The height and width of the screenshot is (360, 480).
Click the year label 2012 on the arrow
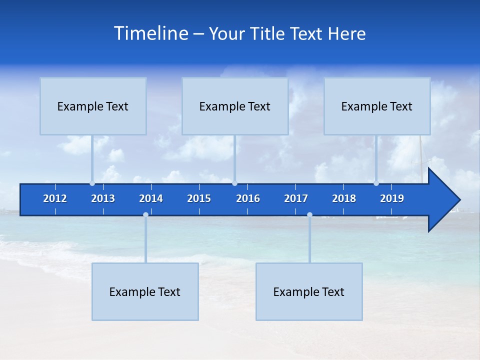tap(55, 198)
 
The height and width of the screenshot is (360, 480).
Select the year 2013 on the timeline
tap(103, 198)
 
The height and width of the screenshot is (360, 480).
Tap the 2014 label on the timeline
tap(151, 198)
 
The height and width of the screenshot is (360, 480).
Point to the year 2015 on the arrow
tap(199, 198)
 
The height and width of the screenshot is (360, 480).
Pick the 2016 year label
tap(248, 198)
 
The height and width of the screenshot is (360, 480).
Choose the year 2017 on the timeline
tap(296, 198)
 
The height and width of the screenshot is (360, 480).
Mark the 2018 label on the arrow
tap(344, 198)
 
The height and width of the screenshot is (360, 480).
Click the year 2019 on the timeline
tap(392, 198)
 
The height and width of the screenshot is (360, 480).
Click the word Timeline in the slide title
tap(150, 33)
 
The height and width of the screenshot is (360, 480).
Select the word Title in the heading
tap(268, 34)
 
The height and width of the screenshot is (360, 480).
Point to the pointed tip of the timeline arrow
tap(459, 200)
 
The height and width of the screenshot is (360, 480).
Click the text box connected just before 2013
tap(93, 106)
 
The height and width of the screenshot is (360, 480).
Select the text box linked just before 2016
tap(235, 106)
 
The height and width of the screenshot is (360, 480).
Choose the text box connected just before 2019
tap(377, 106)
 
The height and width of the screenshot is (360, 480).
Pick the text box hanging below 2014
tap(145, 291)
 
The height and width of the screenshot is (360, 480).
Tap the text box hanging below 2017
tap(309, 291)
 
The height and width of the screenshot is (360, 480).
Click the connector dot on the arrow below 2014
tap(145, 215)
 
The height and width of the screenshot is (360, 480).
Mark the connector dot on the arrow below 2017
tap(309, 215)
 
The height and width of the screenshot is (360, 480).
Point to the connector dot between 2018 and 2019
tap(376, 183)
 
